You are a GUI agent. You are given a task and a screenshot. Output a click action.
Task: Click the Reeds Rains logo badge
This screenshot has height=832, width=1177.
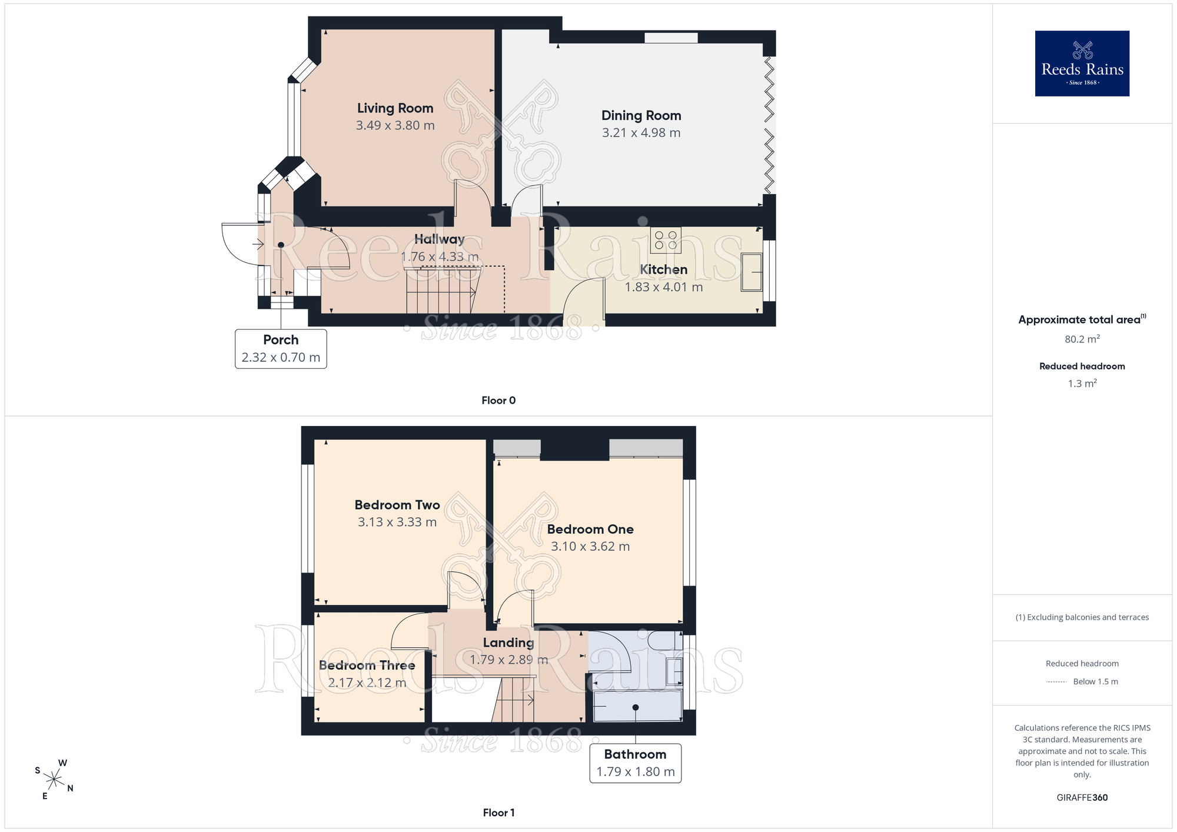tap(1082, 64)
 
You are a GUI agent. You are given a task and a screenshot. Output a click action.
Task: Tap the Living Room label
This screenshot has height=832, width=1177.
tap(395, 108)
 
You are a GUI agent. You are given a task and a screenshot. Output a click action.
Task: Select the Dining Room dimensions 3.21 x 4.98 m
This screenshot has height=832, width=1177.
tap(641, 133)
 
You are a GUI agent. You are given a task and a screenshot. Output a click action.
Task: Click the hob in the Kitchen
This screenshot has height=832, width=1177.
tap(666, 240)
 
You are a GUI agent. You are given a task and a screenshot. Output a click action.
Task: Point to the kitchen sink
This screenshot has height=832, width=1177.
tap(752, 272)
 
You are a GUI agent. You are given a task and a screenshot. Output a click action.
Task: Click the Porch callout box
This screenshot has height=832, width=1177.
tap(281, 349)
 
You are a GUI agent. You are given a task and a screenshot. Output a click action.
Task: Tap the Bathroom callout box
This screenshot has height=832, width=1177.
tap(636, 763)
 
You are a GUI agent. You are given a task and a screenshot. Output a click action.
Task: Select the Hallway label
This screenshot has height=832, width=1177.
tap(440, 239)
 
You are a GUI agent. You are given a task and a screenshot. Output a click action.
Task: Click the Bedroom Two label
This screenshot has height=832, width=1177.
tap(397, 505)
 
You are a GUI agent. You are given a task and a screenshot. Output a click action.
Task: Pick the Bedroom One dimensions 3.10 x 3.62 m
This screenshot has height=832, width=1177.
tap(590, 547)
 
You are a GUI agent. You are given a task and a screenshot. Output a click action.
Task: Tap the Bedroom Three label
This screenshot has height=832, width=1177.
tap(367, 665)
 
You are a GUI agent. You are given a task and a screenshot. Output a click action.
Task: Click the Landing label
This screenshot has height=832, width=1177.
tap(508, 643)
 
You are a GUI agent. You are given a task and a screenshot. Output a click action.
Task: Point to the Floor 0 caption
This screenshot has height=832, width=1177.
tap(498, 401)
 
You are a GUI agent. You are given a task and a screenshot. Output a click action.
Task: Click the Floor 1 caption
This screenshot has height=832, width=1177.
tap(498, 813)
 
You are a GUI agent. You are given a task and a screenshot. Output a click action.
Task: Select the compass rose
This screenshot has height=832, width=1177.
tap(54, 780)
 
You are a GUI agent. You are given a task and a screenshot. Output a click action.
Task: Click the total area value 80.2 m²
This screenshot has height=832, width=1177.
tap(1082, 339)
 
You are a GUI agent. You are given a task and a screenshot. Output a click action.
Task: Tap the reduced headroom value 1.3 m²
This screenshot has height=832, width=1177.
tap(1082, 384)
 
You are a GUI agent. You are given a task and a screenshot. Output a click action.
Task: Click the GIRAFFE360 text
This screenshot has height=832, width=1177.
tap(1082, 798)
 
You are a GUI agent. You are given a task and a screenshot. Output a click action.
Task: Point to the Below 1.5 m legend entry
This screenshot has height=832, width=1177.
tap(1082, 682)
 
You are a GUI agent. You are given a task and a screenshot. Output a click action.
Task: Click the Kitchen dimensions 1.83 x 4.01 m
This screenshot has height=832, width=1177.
tap(664, 287)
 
